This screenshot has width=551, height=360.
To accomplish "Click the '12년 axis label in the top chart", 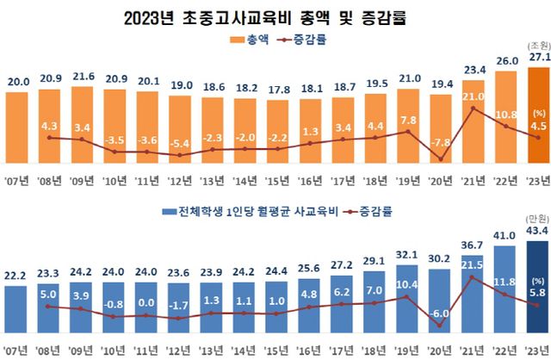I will coord(183,182).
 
